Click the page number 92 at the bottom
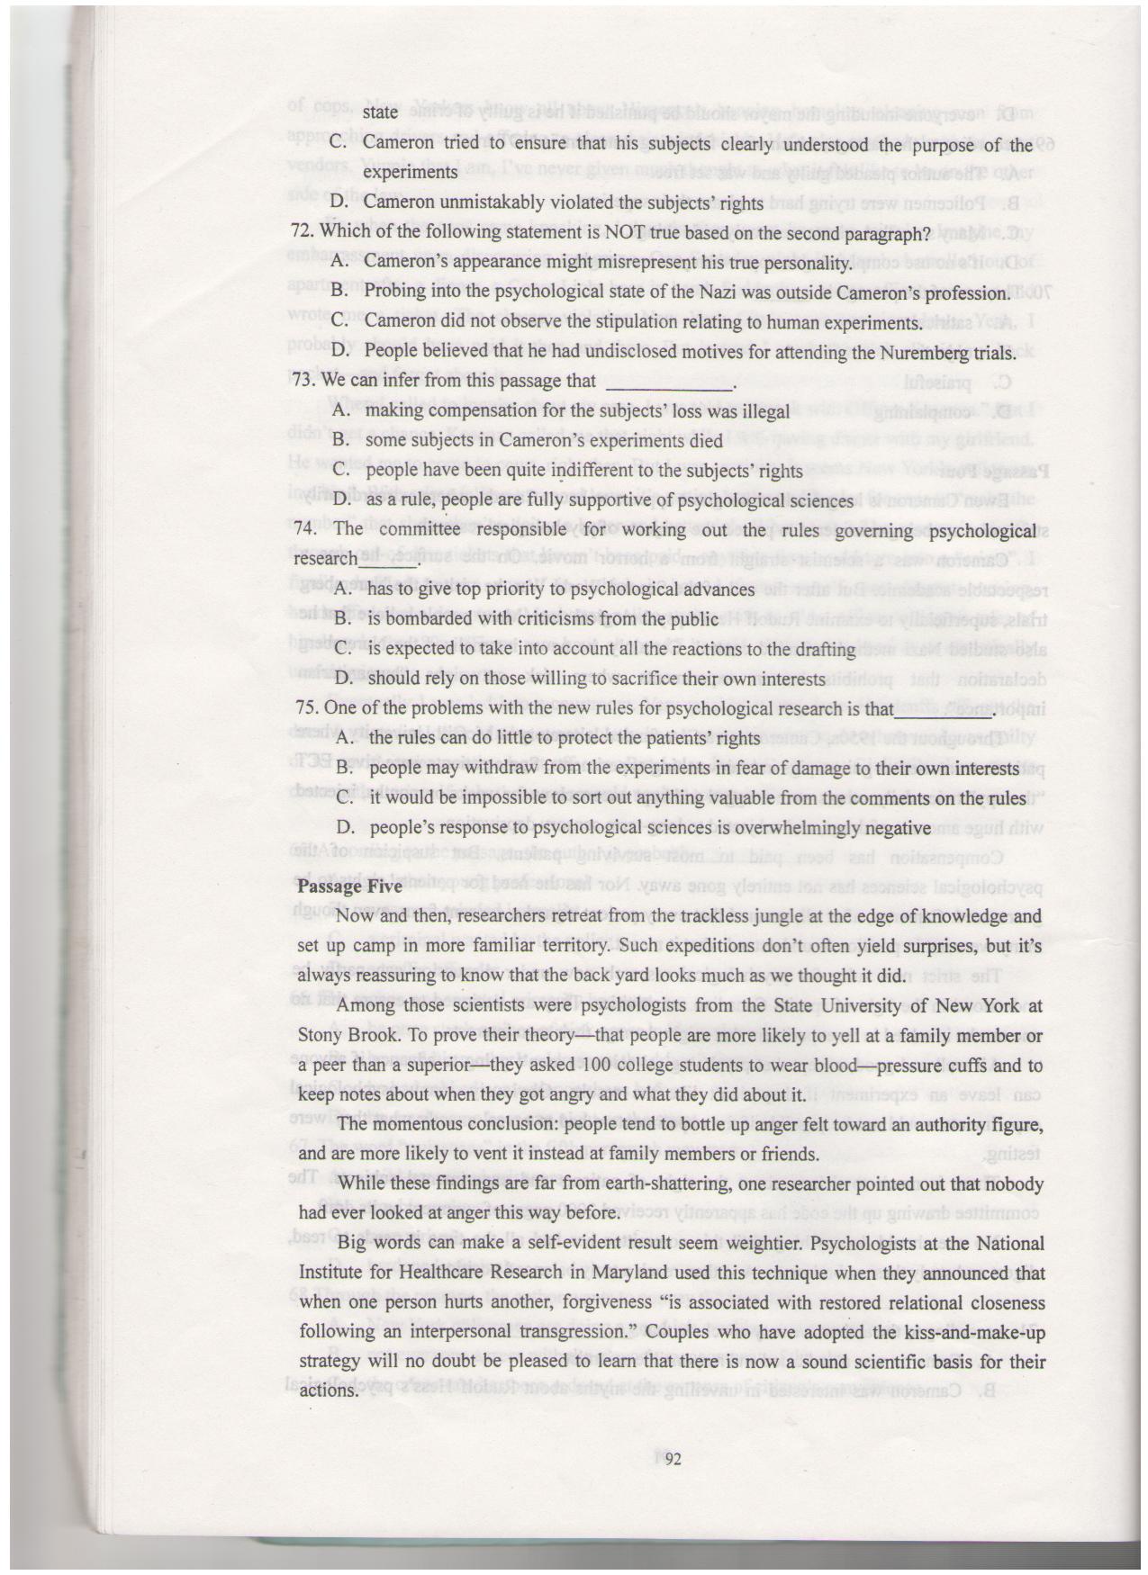[673, 1461]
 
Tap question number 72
[303, 232]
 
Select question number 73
[303, 381]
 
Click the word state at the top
[379, 112]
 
